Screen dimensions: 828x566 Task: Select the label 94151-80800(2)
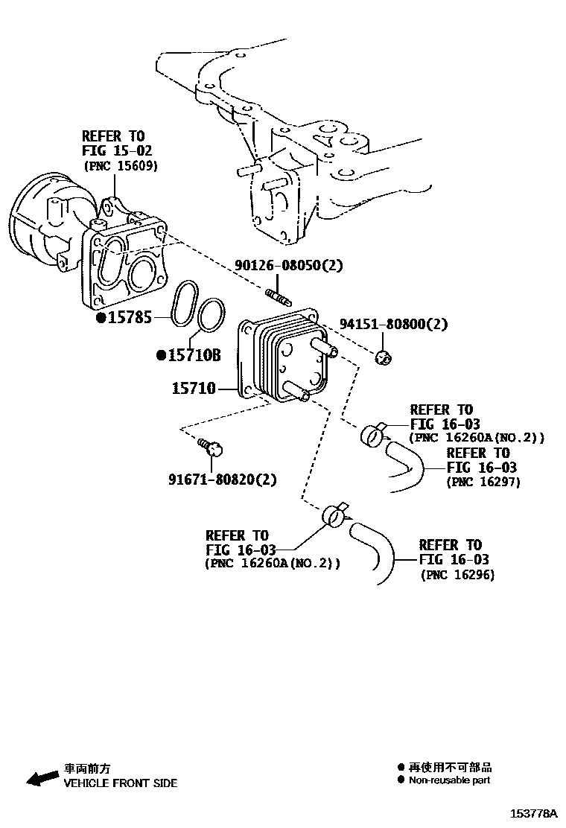pos(394,324)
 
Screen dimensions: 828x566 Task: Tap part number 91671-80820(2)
pos(222,480)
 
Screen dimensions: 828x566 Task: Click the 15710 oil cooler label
pos(194,388)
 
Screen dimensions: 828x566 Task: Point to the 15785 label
pos(130,318)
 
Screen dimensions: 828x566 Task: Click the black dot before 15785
pos(101,318)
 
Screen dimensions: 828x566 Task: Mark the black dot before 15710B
pos(160,355)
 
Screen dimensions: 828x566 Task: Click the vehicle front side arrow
pos(42,777)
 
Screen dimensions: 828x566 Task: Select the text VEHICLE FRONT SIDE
pos(120,783)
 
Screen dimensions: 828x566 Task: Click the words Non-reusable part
pos(450,780)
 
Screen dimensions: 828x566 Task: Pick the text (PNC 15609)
pos(120,166)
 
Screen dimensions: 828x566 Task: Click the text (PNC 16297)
pos(483,482)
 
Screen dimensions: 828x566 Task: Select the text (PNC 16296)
pos(457,575)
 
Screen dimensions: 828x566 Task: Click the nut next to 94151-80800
pos(383,358)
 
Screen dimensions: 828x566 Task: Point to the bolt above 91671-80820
pos(212,448)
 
